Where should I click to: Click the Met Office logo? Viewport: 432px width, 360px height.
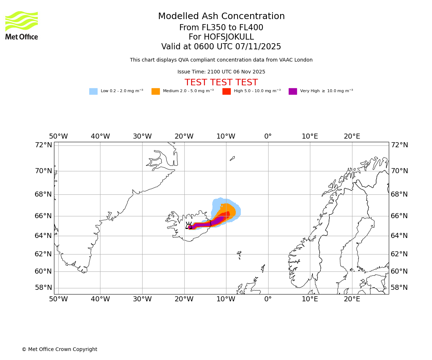click(x=22, y=25)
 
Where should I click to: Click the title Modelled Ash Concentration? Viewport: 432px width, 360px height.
click(x=221, y=17)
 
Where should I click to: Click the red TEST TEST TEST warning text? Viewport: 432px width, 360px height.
click(x=221, y=83)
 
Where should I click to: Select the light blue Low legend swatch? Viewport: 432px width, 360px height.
click(x=93, y=91)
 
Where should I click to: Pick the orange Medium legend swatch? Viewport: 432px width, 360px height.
click(x=156, y=91)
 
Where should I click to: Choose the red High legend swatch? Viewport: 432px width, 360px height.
click(x=226, y=91)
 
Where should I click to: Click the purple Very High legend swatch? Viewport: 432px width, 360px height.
click(x=293, y=91)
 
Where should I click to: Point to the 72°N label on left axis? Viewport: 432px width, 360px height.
click(x=43, y=145)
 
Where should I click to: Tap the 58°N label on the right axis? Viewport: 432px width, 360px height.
click(x=400, y=288)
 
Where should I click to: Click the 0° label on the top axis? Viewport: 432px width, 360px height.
click(x=268, y=136)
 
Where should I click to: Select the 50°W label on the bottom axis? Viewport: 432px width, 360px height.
click(x=58, y=299)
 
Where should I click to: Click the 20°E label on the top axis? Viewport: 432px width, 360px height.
click(x=352, y=136)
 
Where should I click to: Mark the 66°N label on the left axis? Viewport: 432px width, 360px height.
click(x=43, y=216)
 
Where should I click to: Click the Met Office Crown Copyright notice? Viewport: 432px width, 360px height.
click(x=59, y=350)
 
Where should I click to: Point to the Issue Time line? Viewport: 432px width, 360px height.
click(x=221, y=72)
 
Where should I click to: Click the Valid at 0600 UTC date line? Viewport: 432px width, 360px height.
click(x=221, y=47)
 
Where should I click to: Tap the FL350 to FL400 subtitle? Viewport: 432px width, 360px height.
click(x=221, y=28)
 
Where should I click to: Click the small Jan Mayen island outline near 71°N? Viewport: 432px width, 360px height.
click(x=232, y=158)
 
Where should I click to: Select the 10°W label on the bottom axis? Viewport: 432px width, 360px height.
click(x=226, y=299)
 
